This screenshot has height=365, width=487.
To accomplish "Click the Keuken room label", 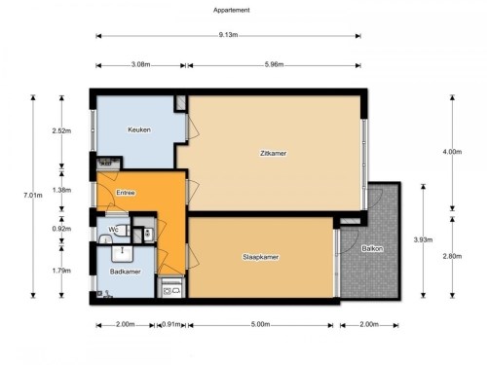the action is click(x=139, y=129).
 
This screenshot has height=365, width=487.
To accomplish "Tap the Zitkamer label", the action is click(x=274, y=153).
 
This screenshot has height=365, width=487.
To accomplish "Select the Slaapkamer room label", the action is click(x=261, y=257).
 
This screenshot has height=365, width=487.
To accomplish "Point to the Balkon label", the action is click(x=372, y=249).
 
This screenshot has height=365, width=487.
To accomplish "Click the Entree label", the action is click(x=126, y=193).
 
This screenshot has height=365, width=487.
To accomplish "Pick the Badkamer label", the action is click(x=125, y=272).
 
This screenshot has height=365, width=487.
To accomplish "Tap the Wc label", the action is click(x=113, y=230).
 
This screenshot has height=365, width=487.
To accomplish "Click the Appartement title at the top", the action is click(x=232, y=10).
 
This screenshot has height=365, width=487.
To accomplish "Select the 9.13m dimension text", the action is click(x=228, y=35).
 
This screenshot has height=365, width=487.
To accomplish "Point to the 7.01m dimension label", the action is click(x=33, y=196).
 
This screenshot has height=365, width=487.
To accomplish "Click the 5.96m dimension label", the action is click(x=274, y=64).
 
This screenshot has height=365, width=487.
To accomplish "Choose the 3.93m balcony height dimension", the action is click(x=423, y=240).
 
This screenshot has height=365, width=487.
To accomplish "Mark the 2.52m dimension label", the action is click(x=61, y=131).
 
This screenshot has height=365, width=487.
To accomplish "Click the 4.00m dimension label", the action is click(x=452, y=152).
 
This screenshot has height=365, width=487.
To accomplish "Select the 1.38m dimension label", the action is click(x=61, y=190).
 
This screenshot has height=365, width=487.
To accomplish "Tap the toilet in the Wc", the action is click(x=122, y=230).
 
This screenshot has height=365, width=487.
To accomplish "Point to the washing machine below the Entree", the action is click(x=171, y=287).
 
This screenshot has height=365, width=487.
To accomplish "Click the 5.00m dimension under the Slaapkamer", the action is click(x=260, y=324).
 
